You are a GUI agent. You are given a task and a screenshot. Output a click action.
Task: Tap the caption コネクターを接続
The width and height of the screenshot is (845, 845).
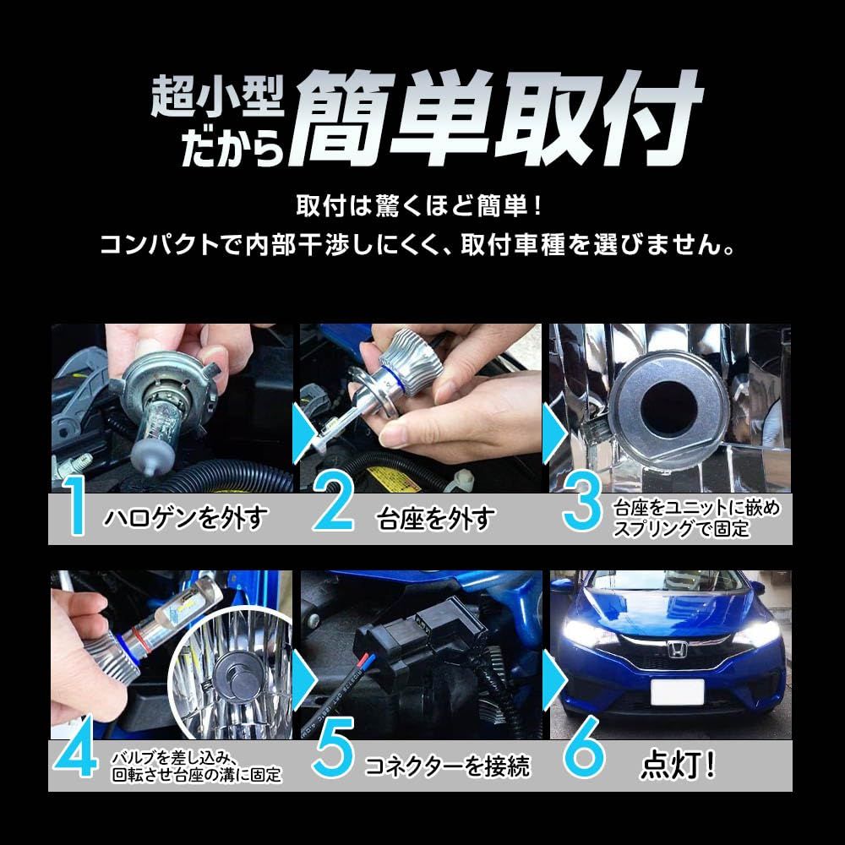[446, 766]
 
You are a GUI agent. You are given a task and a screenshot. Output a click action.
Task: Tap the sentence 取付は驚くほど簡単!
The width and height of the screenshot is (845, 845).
[422, 207]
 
